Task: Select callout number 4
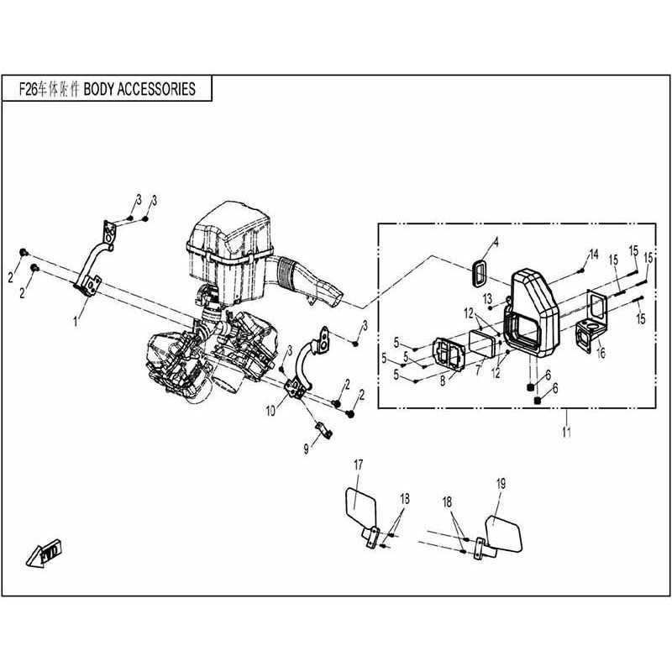[495, 243]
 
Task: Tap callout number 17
[358, 465]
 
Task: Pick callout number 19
[501, 483]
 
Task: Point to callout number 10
[271, 412]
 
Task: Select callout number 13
[487, 298]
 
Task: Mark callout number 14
[593, 254]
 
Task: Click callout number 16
[601, 354]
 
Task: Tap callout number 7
[477, 370]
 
